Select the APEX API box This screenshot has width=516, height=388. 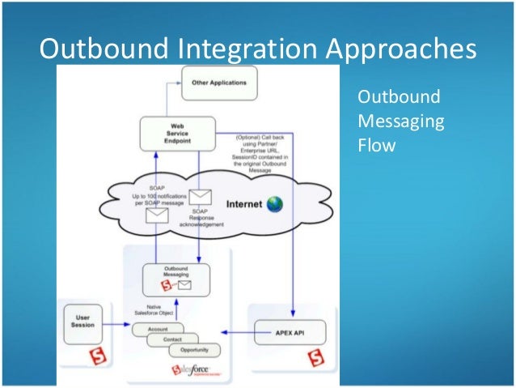tap(290, 332)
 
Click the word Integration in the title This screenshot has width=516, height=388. tap(244, 49)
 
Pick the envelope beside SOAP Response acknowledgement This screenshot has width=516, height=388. tap(199, 197)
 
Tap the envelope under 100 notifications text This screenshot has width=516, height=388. tap(157, 215)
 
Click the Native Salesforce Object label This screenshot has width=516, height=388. tap(154, 309)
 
